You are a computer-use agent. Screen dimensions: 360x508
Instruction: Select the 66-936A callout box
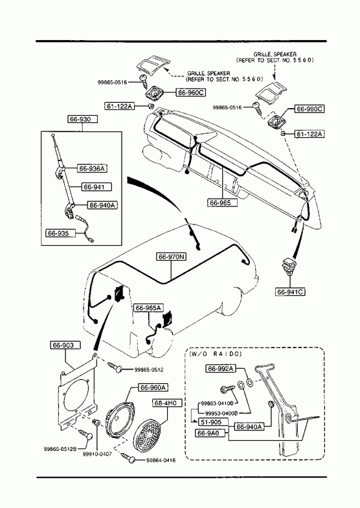coord(93,168)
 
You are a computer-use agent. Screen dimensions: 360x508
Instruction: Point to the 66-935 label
coord(61,233)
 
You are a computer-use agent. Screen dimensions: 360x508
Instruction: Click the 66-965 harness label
coord(222,203)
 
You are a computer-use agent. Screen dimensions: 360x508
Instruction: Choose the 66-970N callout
coord(172,257)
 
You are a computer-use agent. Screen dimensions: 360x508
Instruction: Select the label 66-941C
coord(290,292)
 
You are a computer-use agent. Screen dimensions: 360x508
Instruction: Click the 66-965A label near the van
coord(148,308)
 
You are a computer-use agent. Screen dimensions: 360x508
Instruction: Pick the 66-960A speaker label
coord(153,388)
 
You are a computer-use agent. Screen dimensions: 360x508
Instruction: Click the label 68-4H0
coord(167,403)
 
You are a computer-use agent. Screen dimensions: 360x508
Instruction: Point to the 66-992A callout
coord(221,369)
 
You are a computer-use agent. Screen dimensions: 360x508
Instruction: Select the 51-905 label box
coord(211,423)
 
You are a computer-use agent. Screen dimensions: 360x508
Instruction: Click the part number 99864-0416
coord(161,460)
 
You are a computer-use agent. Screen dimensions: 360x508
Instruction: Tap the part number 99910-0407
coord(97,454)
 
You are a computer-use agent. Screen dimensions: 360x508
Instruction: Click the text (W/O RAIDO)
coord(216,354)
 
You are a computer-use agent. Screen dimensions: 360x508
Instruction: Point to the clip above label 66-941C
coord(288,264)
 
